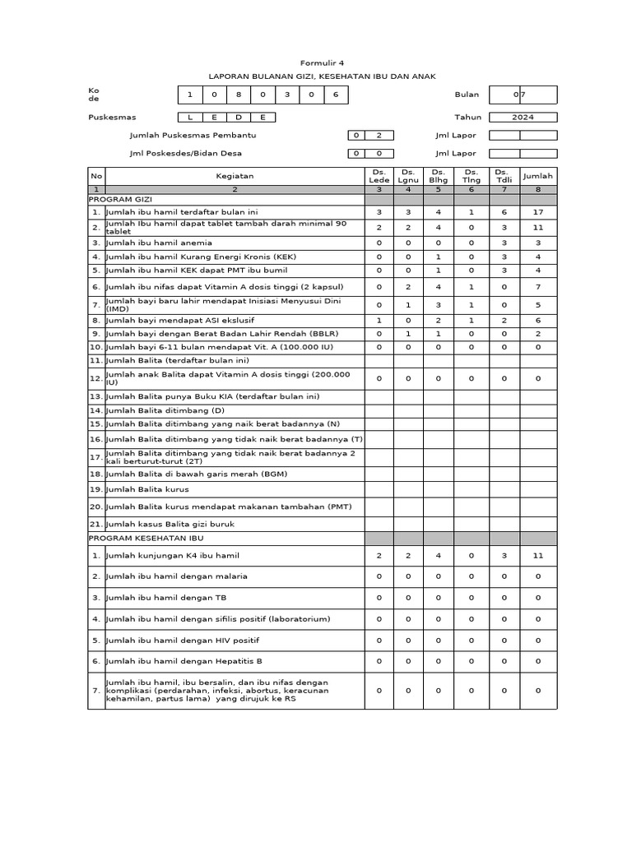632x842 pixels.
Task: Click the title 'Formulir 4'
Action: [x=322, y=62]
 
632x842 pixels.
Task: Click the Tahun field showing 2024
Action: [x=523, y=117]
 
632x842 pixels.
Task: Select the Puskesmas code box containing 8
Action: [x=238, y=95]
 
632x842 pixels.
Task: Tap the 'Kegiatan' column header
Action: [x=235, y=176]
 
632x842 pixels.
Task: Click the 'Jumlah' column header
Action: [x=538, y=176]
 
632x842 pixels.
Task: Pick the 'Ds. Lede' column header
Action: [x=379, y=176]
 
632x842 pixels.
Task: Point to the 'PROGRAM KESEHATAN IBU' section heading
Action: [x=146, y=538]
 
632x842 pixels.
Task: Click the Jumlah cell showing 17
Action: [x=538, y=211]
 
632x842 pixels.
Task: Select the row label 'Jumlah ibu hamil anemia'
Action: [x=159, y=243]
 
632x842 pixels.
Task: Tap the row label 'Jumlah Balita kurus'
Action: [x=147, y=488]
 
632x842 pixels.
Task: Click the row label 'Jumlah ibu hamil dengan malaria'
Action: [x=176, y=576]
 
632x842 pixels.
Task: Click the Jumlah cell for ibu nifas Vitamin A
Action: [x=538, y=287]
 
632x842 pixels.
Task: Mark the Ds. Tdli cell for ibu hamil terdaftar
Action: [x=504, y=211]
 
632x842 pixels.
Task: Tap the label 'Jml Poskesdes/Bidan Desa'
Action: [x=185, y=153]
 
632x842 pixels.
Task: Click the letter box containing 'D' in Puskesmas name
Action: [x=239, y=117]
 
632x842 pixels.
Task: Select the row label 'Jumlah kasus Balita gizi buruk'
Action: [x=170, y=524]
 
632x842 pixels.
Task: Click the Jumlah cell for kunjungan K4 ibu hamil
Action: [x=538, y=556]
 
